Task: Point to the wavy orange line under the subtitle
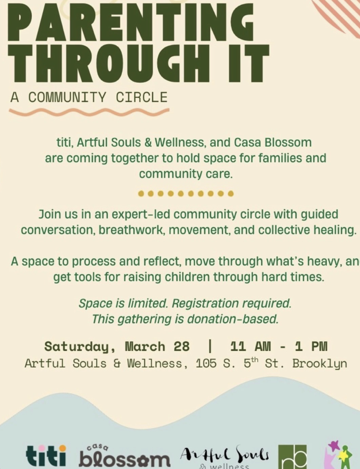89,112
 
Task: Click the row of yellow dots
186,193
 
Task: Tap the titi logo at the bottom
46,455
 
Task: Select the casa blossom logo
125,456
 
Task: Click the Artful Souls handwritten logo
225,456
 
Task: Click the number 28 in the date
181,347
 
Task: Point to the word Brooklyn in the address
319,363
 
